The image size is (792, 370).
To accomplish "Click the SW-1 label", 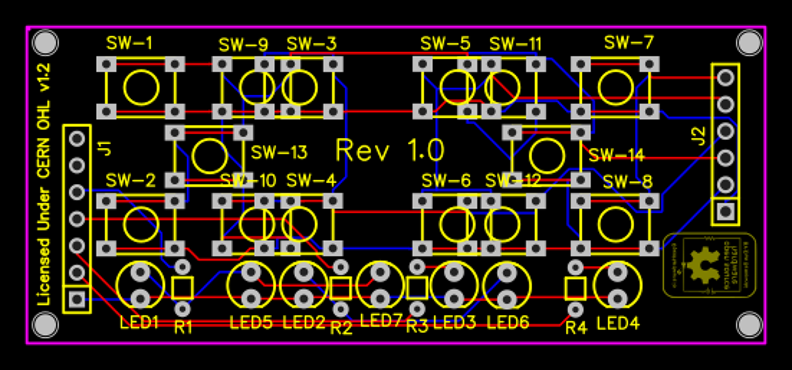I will (129, 43).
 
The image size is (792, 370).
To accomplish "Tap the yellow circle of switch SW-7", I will (615, 87).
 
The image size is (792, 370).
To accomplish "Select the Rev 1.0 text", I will (390, 150).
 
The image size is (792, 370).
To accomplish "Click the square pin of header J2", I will (725, 211).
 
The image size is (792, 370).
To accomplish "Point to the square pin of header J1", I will (77, 299).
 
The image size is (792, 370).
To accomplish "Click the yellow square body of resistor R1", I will (182, 288).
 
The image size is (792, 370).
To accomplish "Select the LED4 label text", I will (618, 324).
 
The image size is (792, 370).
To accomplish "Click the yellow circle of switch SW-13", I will (210, 155).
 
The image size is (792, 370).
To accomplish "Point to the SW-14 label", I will (616, 155).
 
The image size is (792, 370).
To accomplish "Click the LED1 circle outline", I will (140, 285).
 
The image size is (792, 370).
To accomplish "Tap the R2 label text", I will (341, 328).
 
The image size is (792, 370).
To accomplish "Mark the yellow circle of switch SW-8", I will (615, 224).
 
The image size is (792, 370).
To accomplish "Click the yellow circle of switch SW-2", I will (141, 224).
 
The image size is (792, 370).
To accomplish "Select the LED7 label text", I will (381, 321).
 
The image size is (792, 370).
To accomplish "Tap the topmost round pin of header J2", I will (725, 77).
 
